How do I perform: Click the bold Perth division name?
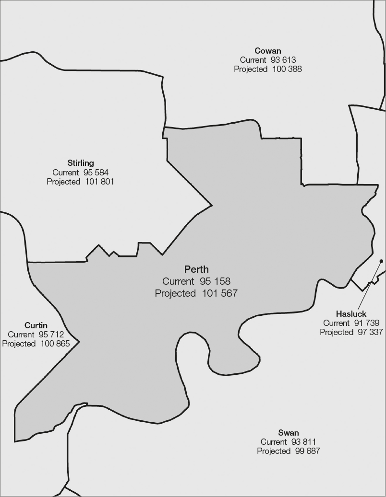(196, 269)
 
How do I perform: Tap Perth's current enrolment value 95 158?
(215, 281)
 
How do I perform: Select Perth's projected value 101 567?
(219, 293)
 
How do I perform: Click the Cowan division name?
(268, 51)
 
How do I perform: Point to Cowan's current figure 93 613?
(283, 60)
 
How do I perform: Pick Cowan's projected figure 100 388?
(287, 69)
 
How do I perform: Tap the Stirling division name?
(81, 163)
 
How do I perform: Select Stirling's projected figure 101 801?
(99, 182)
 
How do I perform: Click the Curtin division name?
(36, 325)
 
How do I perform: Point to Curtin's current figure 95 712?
(51, 335)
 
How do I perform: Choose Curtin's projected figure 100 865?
(55, 344)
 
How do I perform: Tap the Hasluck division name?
(351, 314)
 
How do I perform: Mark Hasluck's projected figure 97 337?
(370, 332)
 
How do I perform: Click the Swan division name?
(289, 433)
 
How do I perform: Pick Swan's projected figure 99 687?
(307, 451)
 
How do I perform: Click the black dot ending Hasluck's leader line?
(381, 261)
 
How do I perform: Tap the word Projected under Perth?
(175, 293)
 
